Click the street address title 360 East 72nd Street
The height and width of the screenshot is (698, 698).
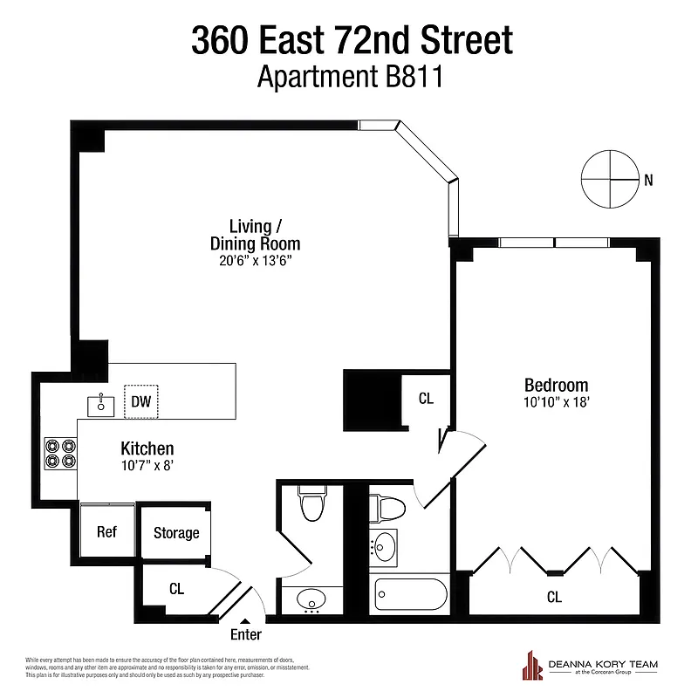pyautogui.click(x=352, y=40)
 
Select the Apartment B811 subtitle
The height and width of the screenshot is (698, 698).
pyautogui.click(x=351, y=78)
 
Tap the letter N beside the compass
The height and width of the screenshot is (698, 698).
pyautogui.click(x=647, y=181)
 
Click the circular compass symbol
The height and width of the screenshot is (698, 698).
pyautogui.click(x=608, y=179)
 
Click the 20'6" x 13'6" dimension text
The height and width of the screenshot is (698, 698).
pyautogui.click(x=255, y=260)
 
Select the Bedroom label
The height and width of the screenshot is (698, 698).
pyautogui.click(x=556, y=385)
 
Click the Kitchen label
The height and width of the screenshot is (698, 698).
pyautogui.click(x=147, y=448)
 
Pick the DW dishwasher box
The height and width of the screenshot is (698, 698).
pyautogui.click(x=140, y=402)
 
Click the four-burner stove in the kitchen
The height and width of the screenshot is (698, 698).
pyautogui.click(x=60, y=452)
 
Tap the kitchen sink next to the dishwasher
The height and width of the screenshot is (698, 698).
pyautogui.click(x=101, y=404)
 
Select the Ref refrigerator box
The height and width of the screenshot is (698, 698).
pyautogui.click(x=106, y=532)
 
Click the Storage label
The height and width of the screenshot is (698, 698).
pyautogui.click(x=176, y=533)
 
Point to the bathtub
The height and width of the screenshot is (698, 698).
pyautogui.click(x=410, y=595)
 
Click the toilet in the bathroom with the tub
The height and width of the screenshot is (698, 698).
pyautogui.click(x=385, y=506)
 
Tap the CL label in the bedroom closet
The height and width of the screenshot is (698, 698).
pyautogui.click(x=554, y=598)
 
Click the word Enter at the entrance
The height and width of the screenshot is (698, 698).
pyautogui.click(x=245, y=635)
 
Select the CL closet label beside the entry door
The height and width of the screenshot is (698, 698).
pyautogui.click(x=177, y=589)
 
